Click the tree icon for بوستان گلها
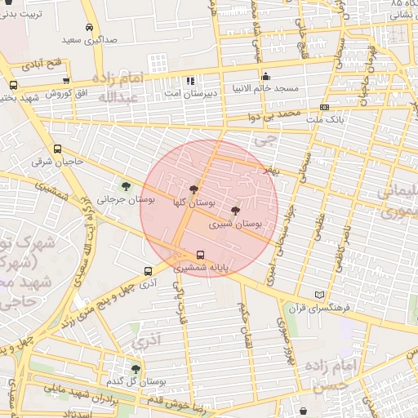point(193,189)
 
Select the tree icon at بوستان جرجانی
point(125,187)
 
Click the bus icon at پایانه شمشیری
point(201,254)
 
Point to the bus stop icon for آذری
point(148,271)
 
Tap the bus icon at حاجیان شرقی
point(57,149)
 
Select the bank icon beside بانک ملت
point(325,107)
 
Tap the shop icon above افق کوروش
point(66,80)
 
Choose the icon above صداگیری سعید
point(87,28)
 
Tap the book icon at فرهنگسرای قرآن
point(318,295)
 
